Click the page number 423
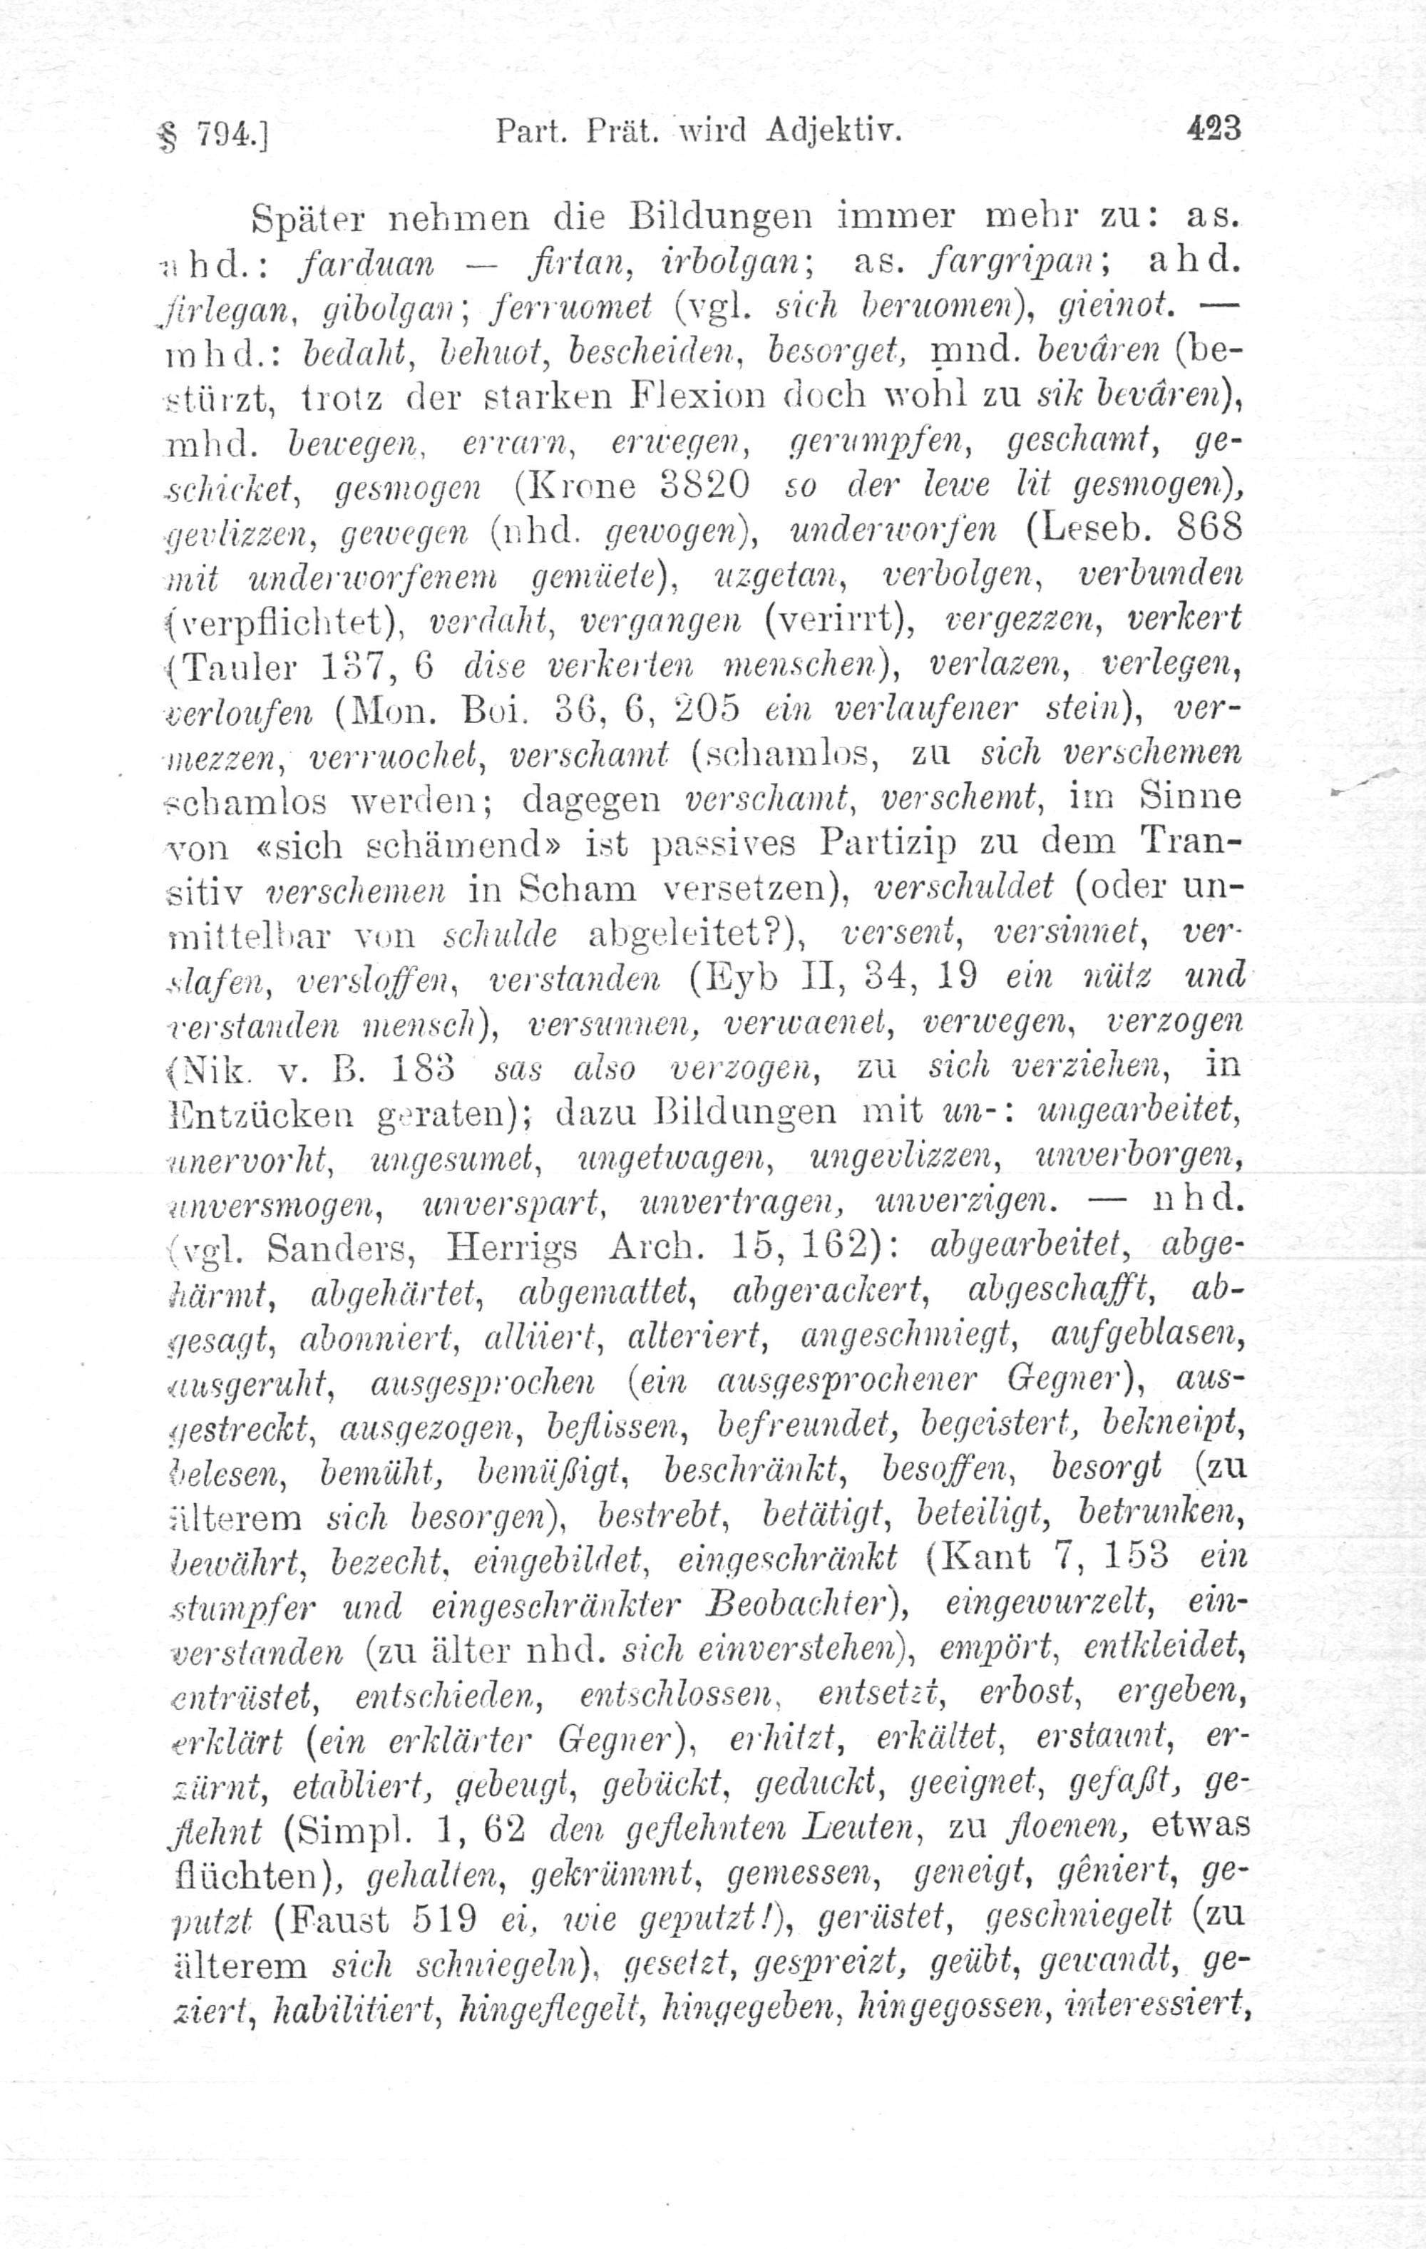click(1213, 126)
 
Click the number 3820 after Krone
click(703, 486)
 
